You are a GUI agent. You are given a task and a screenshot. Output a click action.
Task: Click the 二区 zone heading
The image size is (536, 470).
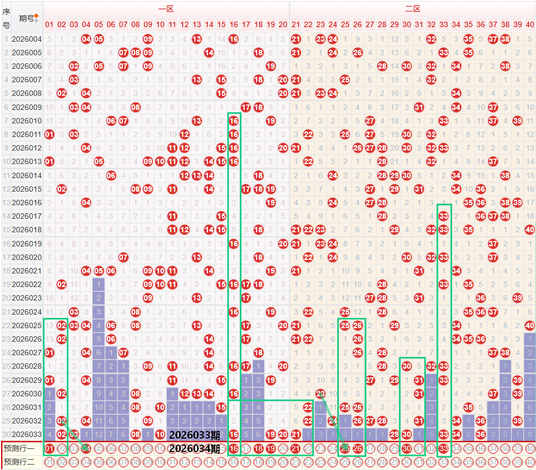pos(413,9)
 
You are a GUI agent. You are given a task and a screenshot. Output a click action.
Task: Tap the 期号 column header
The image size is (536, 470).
pos(25,18)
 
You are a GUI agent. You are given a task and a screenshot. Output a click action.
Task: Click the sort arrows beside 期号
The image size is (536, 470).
pos(36,18)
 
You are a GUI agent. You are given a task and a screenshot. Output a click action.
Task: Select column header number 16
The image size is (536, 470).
pos(233,24)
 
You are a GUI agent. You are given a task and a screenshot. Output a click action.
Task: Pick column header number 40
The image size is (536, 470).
pos(530,24)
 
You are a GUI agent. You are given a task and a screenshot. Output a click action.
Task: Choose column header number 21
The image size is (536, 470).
pos(296,24)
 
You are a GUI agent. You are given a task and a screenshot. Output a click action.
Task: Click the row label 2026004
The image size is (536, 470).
pos(27,39)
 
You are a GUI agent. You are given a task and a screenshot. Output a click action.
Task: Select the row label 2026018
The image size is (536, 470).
pos(27,229)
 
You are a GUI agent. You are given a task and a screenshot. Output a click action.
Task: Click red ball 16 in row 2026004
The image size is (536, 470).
pos(233,39)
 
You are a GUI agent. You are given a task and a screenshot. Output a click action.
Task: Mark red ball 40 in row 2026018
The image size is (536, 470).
pos(530,229)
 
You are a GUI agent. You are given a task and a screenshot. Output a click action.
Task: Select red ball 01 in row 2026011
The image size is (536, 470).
pos(49,134)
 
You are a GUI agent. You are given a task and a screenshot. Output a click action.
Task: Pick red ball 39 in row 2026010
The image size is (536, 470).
pos(517,120)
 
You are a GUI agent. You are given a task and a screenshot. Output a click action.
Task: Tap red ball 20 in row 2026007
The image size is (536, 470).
pos(283,80)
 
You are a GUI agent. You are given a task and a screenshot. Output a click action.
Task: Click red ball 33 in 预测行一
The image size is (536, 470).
pos(443,448)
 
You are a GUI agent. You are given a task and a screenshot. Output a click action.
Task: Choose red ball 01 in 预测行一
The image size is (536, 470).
pos(49,448)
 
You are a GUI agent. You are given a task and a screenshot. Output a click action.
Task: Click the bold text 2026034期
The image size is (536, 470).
pos(194,448)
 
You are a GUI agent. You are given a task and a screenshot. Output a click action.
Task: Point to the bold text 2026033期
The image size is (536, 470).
pos(194,435)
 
